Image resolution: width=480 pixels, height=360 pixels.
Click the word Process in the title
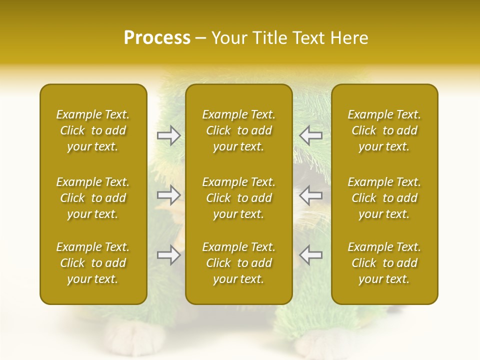click(x=157, y=38)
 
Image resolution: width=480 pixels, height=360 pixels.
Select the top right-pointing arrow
click(x=168, y=135)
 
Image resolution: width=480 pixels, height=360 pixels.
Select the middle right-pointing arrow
click(x=168, y=195)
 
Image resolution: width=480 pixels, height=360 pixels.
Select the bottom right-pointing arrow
click(x=168, y=254)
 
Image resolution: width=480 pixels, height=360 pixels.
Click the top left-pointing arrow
click(x=311, y=135)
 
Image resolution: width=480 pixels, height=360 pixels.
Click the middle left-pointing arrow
click(x=311, y=195)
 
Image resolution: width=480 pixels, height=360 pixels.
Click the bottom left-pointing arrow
click(x=311, y=254)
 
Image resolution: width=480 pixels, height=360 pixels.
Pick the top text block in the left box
click(x=93, y=130)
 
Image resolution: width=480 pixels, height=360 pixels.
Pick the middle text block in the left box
click(x=93, y=198)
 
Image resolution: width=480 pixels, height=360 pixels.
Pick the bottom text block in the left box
click(x=93, y=263)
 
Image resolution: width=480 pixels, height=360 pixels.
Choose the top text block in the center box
click(x=238, y=130)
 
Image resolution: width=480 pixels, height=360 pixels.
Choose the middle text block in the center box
click(x=238, y=198)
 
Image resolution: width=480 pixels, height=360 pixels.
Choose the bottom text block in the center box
click(x=238, y=263)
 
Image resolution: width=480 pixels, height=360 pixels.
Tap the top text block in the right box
click(x=384, y=130)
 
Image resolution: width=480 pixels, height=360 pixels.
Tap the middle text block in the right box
click(x=384, y=198)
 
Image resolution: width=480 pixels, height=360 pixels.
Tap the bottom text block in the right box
click(x=384, y=263)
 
